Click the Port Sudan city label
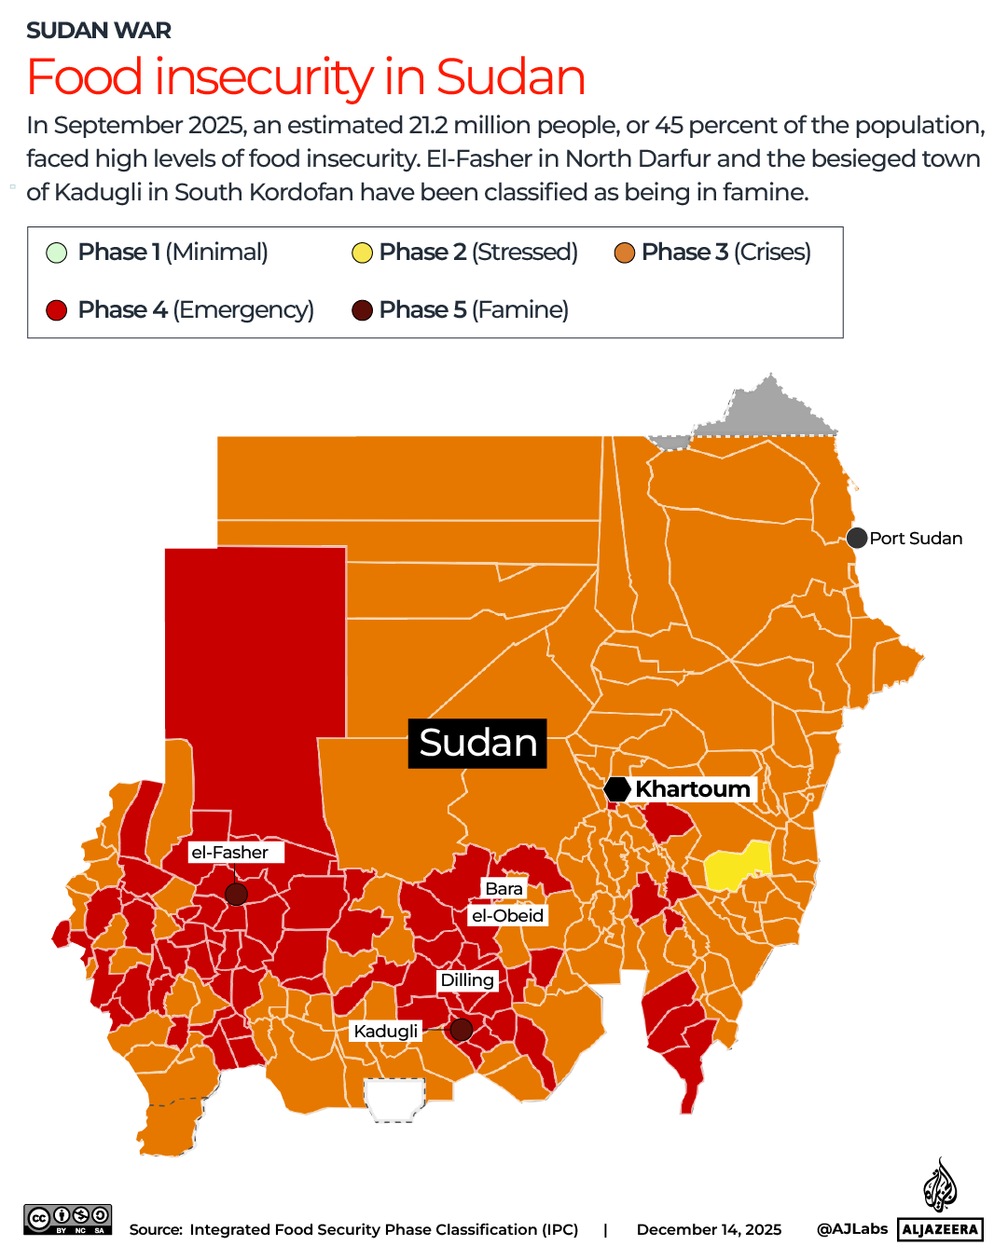point(915,539)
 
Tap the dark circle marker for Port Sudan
point(857,538)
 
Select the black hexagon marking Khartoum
point(617,789)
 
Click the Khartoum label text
point(692,789)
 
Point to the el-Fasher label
point(230,853)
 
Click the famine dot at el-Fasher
point(237,895)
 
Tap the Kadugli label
point(386,1032)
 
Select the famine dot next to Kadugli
point(461,1030)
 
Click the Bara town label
point(504,889)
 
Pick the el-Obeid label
point(507,916)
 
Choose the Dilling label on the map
point(467,980)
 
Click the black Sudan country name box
point(477,744)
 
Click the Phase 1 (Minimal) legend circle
point(57,253)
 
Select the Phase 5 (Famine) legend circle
point(362,310)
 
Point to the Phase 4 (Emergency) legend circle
point(57,310)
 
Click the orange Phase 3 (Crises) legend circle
point(625,253)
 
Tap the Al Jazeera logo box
point(940,1229)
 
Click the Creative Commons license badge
point(68,1219)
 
